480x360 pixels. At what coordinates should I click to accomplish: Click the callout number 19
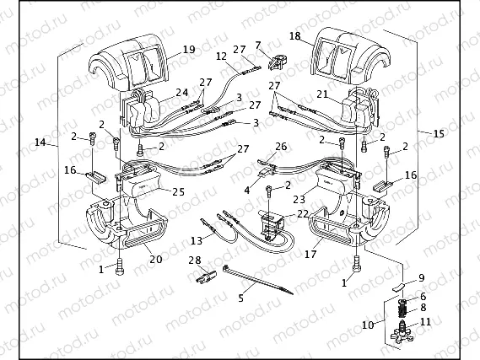click(x=188, y=50)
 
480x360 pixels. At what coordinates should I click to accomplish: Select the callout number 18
click(x=294, y=36)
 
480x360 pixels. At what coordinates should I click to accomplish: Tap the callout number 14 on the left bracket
click(x=40, y=143)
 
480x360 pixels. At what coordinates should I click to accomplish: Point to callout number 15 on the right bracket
click(x=438, y=133)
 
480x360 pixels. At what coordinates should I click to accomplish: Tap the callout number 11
click(x=424, y=321)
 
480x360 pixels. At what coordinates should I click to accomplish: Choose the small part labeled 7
click(x=274, y=60)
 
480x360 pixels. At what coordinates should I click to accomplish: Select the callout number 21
click(x=321, y=94)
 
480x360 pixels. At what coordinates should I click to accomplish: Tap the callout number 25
click(x=178, y=191)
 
